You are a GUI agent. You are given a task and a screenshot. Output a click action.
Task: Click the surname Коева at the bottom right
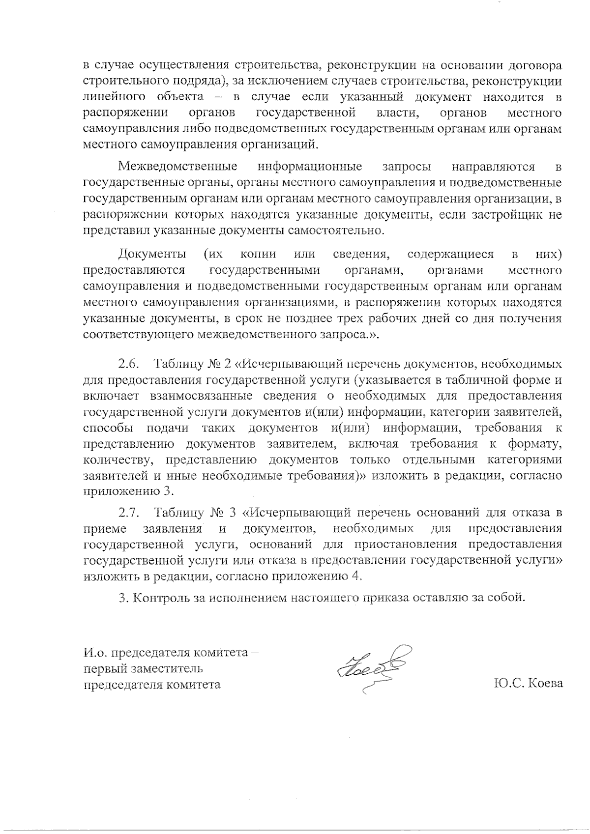pos(545,684)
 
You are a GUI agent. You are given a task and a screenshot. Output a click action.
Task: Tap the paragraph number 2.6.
pos(129,365)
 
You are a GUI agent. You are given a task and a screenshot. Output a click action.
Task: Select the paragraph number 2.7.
pos(129,513)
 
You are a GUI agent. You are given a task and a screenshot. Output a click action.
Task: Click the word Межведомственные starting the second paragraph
pos(178,167)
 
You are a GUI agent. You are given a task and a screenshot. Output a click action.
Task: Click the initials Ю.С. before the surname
pos(508,684)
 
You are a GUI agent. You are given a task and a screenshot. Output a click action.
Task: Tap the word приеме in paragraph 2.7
pos(104,529)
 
